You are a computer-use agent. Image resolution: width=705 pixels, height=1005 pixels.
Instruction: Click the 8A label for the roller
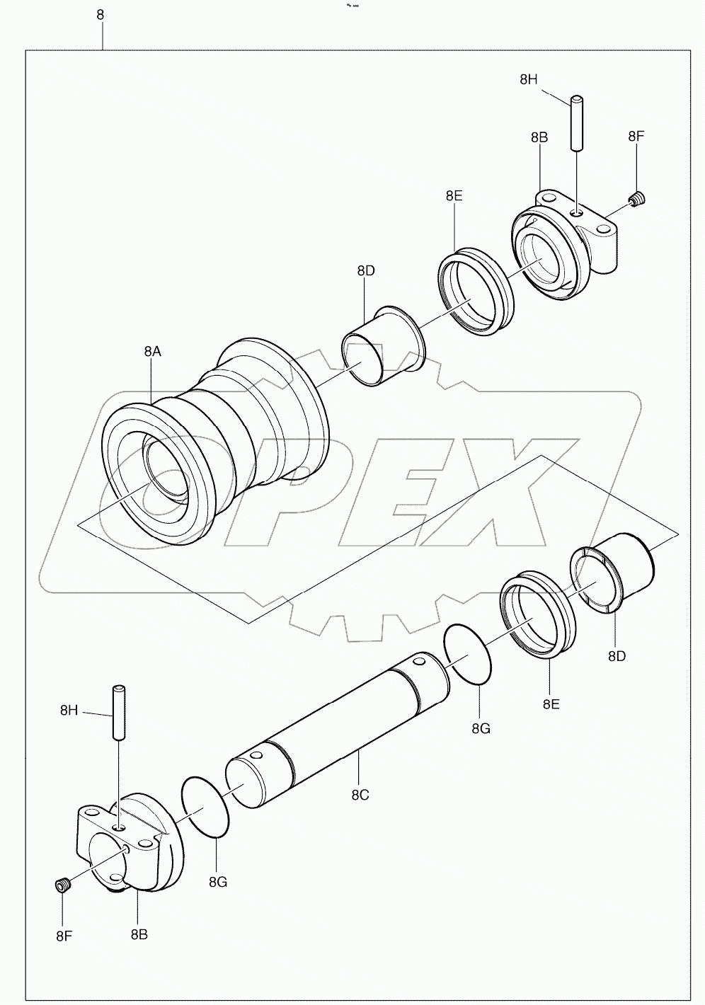point(152,352)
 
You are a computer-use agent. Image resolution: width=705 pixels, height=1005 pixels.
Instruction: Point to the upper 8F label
point(636,137)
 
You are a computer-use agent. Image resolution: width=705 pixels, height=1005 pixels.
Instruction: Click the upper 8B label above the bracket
point(539,138)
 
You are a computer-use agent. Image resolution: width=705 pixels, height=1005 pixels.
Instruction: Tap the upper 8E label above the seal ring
point(454,196)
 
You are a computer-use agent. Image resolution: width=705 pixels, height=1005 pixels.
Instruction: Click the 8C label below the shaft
point(360,795)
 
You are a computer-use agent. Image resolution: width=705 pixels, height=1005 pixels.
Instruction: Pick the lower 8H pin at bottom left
point(118,712)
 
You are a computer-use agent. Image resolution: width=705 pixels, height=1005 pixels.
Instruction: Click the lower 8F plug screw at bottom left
point(62,885)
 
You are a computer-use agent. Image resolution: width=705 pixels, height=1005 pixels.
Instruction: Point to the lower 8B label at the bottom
point(139,934)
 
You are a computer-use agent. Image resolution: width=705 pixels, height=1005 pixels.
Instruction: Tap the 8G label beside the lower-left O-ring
point(218,881)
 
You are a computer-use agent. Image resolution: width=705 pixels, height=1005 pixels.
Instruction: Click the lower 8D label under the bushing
point(617,656)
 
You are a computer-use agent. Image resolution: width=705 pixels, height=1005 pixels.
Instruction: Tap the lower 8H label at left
point(69,710)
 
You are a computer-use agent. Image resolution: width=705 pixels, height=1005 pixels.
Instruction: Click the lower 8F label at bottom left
point(64,936)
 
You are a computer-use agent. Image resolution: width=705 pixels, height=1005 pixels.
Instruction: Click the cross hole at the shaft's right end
point(416,662)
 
